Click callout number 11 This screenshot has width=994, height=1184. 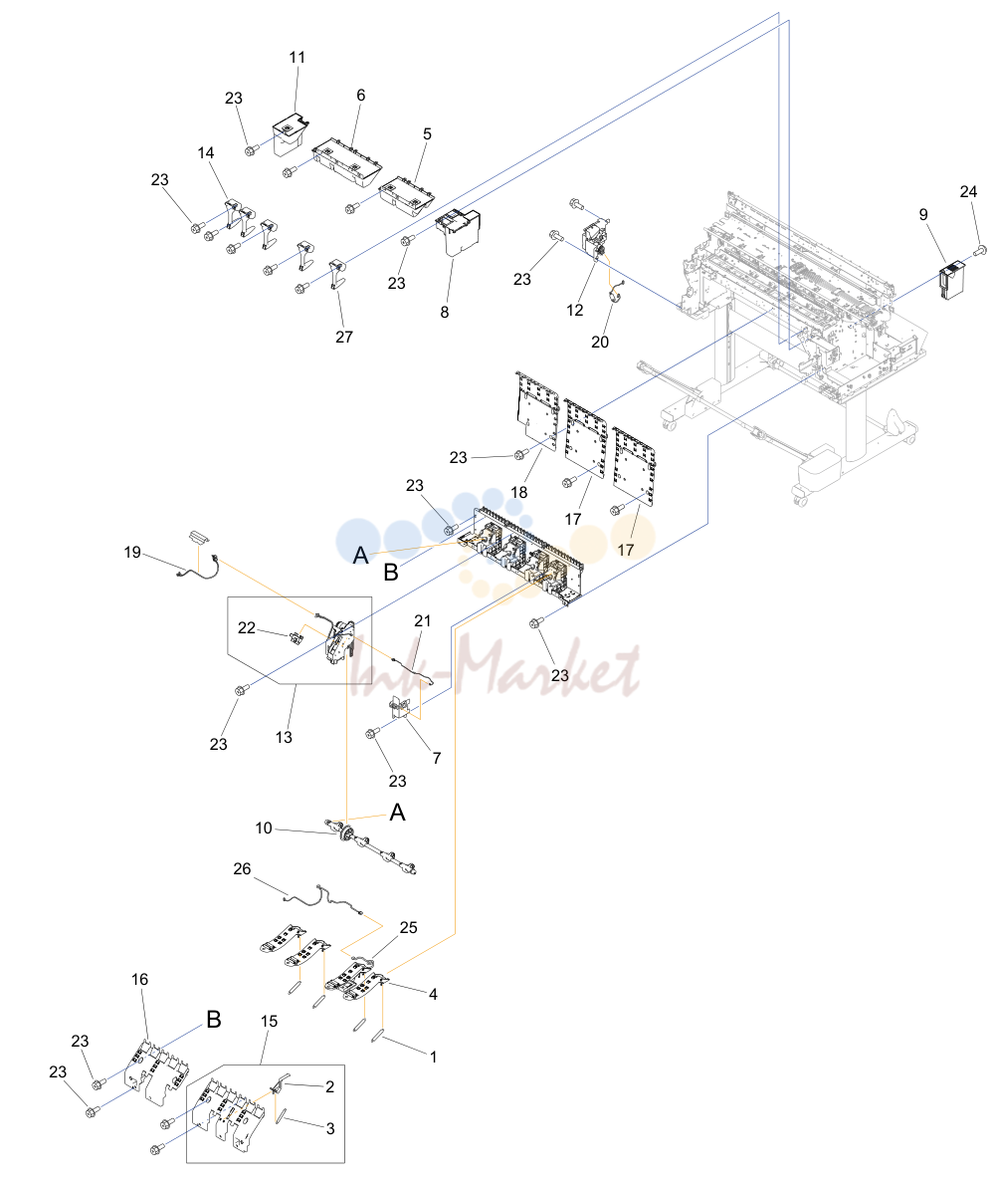[298, 58]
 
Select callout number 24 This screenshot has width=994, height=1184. [968, 192]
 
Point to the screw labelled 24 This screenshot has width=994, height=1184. [981, 249]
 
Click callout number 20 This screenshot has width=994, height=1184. [600, 343]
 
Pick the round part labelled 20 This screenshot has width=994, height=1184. [616, 295]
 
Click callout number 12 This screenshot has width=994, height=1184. [575, 311]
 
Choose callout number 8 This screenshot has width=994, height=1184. [445, 312]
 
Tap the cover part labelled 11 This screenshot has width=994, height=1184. [291, 133]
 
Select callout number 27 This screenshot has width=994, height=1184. [344, 337]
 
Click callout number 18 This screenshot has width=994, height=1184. [519, 492]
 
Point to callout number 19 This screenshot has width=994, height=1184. [133, 552]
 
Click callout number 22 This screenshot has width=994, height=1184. [247, 627]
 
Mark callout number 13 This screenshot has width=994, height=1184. [284, 737]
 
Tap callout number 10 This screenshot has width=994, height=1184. [264, 828]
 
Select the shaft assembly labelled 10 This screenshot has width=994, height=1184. [370, 846]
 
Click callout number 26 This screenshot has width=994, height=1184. [242, 868]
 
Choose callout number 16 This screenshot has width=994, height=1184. [139, 980]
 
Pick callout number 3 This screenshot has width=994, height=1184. [329, 1128]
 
